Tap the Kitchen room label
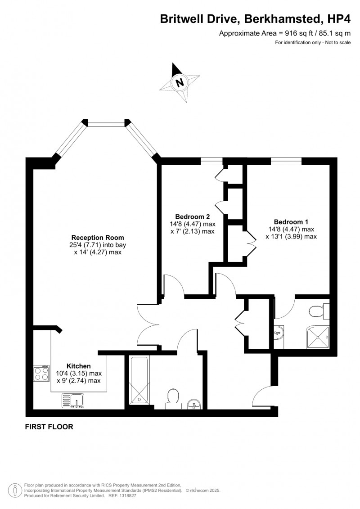79,366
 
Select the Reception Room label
98,238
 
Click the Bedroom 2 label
193,216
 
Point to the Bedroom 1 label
291,222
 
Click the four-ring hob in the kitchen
41,373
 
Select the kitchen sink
73,400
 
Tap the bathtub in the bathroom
139,380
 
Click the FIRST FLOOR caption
49,427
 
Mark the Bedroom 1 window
286,161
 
